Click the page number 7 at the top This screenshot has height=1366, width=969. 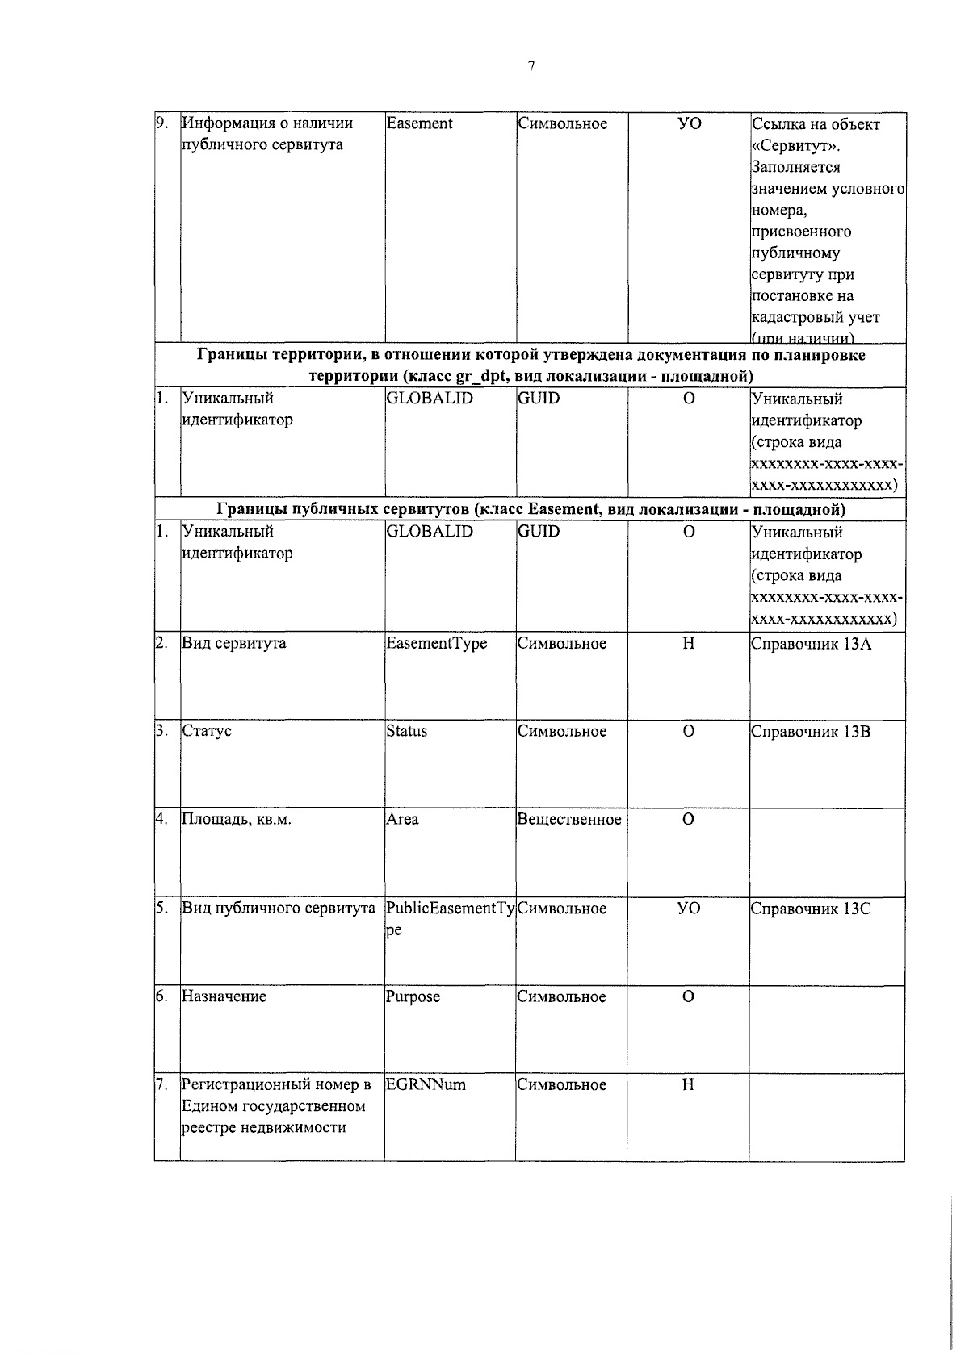click(531, 67)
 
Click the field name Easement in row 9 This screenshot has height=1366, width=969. click(419, 123)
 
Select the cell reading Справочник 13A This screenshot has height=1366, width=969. click(811, 644)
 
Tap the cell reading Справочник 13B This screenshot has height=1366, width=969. click(811, 732)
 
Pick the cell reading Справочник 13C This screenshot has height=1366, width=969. click(811, 909)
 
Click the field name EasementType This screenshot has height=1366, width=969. click(436, 644)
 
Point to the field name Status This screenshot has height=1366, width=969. click(406, 731)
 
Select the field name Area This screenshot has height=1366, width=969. click(402, 820)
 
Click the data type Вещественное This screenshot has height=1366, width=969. click(568, 820)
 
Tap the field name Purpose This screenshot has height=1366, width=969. click(413, 996)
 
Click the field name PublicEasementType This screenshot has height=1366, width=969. click(449, 909)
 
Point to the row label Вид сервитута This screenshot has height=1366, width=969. click(233, 644)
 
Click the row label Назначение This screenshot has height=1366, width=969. click(224, 996)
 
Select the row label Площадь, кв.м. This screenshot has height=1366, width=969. click(236, 820)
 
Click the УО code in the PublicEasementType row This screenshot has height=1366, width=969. click(688, 909)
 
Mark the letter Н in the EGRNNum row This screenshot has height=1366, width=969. click(688, 1084)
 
